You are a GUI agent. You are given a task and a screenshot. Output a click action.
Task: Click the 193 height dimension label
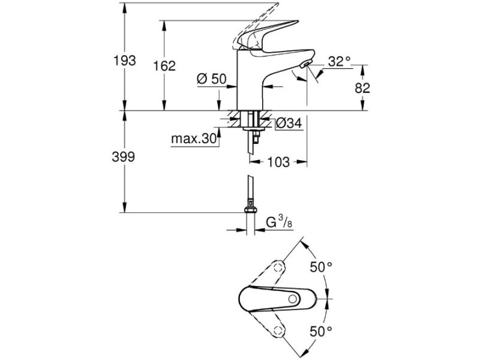pyautogui.click(x=125, y=61)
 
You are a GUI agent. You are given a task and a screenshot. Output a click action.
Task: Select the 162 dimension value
pyautogui.click(x=164, y=66)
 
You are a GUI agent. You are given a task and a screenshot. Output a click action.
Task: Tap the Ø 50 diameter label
pyautogui.click(x=211, y=79)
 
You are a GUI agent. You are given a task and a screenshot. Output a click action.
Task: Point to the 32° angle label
pyautogui.click(x=339, y=62)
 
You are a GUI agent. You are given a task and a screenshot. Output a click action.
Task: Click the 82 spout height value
pyautogui.click(x=362, y=88)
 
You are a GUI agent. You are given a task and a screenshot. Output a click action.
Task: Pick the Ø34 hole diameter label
pyautogui.click(x=289, y=124)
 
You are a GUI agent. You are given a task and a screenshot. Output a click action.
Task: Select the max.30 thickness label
pyautogui.click(x=194, y=139)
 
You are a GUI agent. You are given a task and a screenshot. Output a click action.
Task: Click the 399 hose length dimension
pyautogui.click(x=124, y=157)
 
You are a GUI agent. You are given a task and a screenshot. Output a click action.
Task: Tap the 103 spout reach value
pyautogui.click(x=278, y=162)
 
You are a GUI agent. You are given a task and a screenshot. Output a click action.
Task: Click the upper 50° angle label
pyautogui.click(x=321, y=267)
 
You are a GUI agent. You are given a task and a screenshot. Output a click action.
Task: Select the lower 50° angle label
pyautogui.click(x=321, y=331)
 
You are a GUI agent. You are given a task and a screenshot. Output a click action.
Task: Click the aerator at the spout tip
pyautogui.click(x=305, y=64)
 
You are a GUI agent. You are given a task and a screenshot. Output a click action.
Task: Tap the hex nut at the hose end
pyautogui.click(x=250, y=209)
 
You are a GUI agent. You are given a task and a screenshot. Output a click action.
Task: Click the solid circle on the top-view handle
pyautogui.click(x=293, y=299)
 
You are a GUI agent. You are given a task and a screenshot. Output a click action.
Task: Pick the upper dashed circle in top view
pyautogui.click(x=278, y=266)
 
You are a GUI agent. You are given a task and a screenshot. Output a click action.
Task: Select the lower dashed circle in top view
pyautogui.click(x=278, y=330)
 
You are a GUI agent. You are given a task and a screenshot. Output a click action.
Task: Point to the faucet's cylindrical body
pyautogui.click(x=250, y=80)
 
